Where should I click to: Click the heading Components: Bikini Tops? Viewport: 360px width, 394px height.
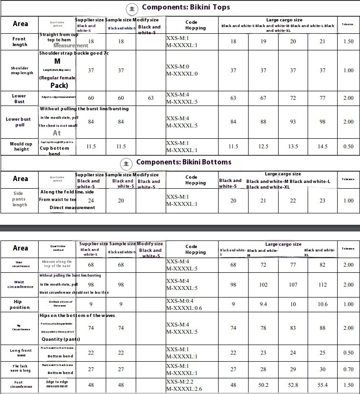186,7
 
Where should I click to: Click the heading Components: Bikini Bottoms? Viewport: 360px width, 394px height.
184,162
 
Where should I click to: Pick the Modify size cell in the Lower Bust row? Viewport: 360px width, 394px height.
151,98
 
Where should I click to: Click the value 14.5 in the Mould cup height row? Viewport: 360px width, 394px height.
322,146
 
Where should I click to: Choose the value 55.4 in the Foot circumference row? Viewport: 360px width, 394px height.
322,385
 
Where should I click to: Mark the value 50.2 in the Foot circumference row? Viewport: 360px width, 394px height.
263,385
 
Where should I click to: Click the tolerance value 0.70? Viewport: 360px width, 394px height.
348,369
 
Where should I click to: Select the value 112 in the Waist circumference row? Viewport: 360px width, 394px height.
322,285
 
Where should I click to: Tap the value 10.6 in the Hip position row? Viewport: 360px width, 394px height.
322,304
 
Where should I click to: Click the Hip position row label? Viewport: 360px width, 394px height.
20,304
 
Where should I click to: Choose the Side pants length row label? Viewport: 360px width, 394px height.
20,199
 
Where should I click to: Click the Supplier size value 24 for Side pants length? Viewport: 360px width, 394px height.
91,201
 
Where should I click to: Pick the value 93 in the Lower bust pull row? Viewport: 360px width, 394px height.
293,122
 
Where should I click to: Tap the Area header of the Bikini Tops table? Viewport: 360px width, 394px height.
20,24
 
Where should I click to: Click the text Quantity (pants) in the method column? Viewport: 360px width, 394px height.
60,339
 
